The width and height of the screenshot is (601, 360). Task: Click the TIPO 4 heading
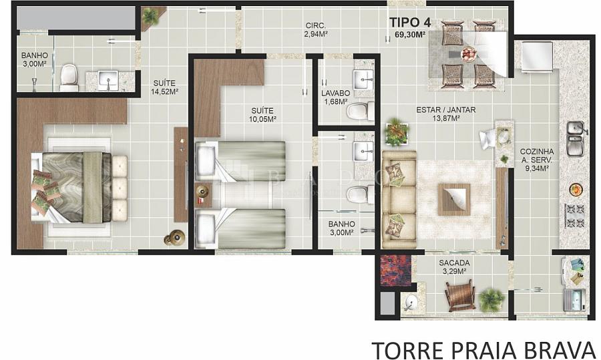click(410, 23)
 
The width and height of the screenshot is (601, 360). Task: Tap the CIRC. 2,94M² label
click(317, 30)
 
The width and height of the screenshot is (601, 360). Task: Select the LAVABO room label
click(336, 93)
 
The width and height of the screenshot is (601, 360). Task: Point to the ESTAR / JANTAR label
click(446, 110)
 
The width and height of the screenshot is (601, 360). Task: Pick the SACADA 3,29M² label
click(454, 267)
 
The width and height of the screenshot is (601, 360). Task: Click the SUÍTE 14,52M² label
click(164, 87)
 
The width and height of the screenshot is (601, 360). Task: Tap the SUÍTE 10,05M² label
click(262, 115)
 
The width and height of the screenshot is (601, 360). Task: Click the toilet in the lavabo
click(361, 111)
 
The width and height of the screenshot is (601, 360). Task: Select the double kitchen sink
click(575, 138)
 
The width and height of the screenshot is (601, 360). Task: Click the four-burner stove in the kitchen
click(574, 216)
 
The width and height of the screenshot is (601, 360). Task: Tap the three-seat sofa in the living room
click(399, 199)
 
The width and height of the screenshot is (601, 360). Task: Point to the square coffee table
click(454, 199)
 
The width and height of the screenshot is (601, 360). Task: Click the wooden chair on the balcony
click(459, 295)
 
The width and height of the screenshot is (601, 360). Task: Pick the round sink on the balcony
click(410, 303)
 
